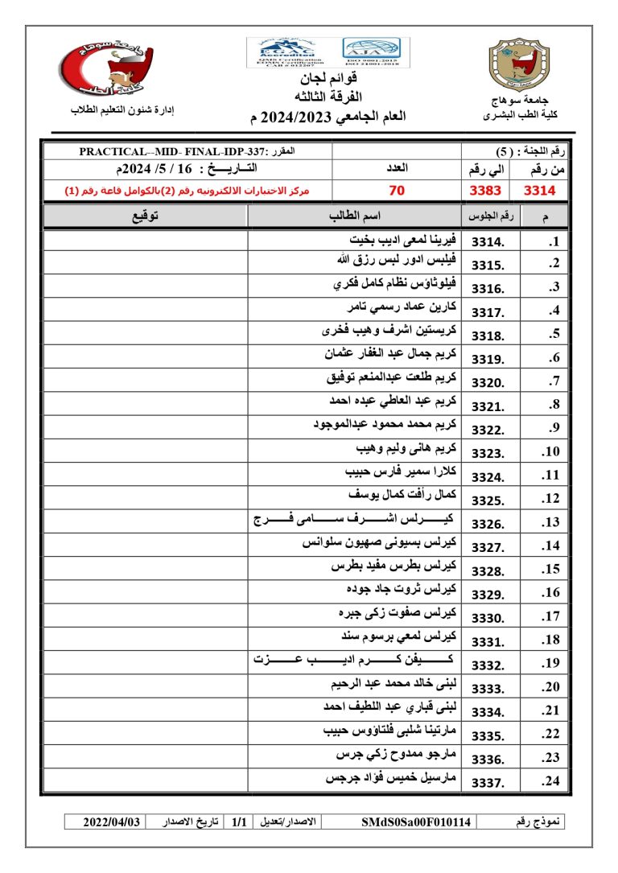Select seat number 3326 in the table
click(x=488, y=524)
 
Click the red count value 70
click(x=397, y=191)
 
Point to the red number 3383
click(x=486, y=191)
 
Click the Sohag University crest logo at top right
click(x=520, y=66)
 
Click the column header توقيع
click(x=145, y=216)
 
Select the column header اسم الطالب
click(x=355, y=216)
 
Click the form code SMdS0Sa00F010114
click(x=416, y=822)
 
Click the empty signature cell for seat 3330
click(x=145, y=617)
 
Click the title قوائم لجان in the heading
click(x=329, y=79)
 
